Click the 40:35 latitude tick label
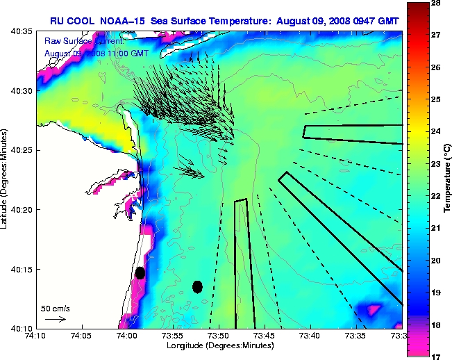pos(22,32)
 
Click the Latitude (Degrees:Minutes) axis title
pos(6,180)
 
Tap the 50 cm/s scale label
pos(55,308)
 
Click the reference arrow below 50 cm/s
pos(55,319)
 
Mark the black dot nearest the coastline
pos(140,272)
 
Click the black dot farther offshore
pos(197,286)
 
